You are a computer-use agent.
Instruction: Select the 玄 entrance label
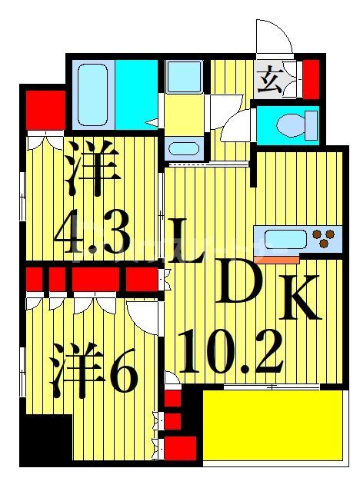(x=269, y=78)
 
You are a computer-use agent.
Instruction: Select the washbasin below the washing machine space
(x=184, y=148)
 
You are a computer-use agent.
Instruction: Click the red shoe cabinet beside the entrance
(x=310, y=78)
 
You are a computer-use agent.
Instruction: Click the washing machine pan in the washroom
(x=185, y=76)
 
